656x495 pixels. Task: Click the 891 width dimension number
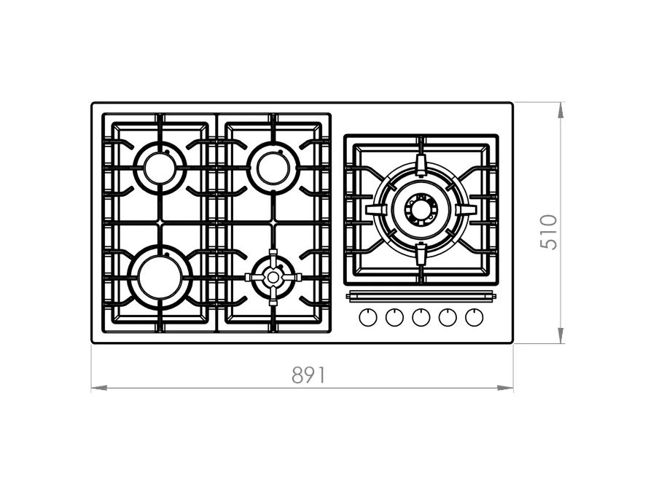point(308,375)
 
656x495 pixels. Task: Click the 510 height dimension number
point(549,233)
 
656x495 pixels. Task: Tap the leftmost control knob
point(368,318)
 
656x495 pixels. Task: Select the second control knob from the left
point(394,318)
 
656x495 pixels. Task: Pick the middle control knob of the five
point(421,318)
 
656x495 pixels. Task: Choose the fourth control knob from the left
point(448,318)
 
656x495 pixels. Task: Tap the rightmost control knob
point(474,318)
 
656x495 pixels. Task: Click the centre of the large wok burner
point(421,208)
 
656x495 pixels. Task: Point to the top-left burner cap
point(160,168)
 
